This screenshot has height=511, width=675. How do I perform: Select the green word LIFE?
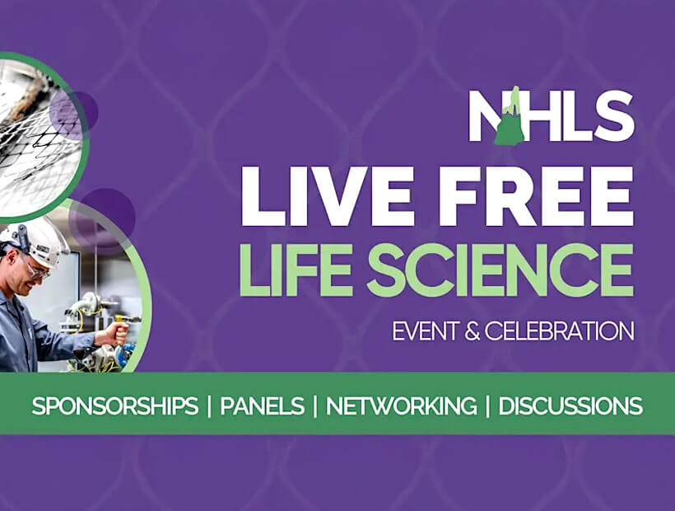tap(296, 270)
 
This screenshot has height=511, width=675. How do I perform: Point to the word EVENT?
tap(426, 331)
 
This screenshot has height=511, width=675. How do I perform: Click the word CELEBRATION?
tap(559, 331)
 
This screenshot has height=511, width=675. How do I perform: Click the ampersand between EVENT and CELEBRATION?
tap(472, 331)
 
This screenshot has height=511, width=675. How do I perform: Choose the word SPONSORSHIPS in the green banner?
tap(115, 406)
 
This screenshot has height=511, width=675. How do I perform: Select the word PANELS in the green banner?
tap(262, 406)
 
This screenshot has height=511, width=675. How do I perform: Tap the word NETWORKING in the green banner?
tap(401, 406)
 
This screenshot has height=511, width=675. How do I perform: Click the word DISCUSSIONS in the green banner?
tap(570, 406)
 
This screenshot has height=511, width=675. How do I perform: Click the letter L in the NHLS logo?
tap(575, 116)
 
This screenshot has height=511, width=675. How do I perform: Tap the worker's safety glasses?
tap(35, 270)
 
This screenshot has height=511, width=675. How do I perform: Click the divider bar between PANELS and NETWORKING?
tap(315, 406)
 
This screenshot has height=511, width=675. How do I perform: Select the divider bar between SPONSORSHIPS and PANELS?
tap(209, 406)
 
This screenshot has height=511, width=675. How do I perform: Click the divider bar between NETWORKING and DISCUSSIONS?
tap(487, 406)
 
